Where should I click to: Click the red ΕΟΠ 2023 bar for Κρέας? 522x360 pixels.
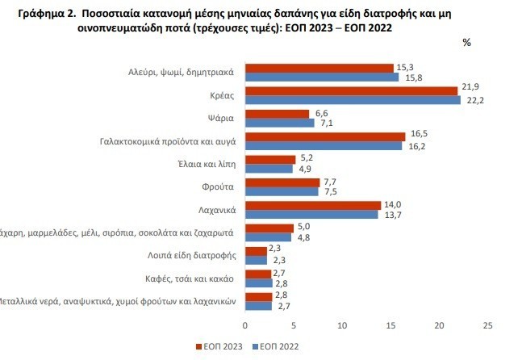[351, 90]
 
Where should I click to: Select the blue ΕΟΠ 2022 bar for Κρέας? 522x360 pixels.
[352, 100]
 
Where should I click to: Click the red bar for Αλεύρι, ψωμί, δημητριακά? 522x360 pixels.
[319, 68]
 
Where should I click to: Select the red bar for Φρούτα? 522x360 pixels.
[282, 182]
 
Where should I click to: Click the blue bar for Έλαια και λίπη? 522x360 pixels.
[269, 169]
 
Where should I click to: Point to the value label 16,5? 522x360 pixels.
[417, 137]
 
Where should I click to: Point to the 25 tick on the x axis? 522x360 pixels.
[487, 325]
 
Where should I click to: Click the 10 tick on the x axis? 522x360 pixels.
[341, 325]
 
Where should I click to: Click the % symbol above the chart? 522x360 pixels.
[466, 43]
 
